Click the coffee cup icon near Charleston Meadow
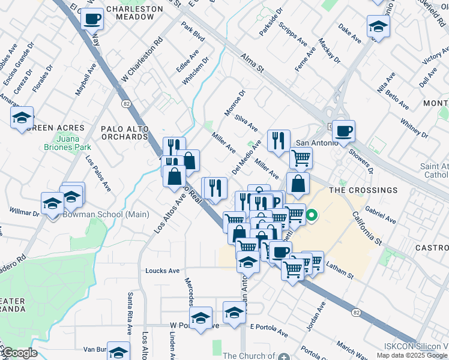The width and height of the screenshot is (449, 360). click(x=92, y=19)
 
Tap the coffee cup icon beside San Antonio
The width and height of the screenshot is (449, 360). click(x=343, y=131)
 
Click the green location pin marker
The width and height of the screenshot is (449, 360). click(x=312, y=214)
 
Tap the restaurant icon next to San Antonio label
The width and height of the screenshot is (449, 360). click(x=279, y=140)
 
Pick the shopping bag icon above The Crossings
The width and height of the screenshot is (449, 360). click(x=298, y=184)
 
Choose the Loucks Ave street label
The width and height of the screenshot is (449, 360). click(x=162, y=271)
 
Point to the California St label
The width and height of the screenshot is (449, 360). click(x=367, y=228)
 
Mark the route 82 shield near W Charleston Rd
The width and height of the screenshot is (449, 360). click(x=126, y=103)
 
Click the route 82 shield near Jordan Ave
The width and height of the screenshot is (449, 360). click(x=357, y=313)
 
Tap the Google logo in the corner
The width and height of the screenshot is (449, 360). click(x=20, y=353)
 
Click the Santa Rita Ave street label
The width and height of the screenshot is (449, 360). click(x=129, y=313)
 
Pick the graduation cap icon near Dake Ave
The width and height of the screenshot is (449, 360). click(x=378, y=26)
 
